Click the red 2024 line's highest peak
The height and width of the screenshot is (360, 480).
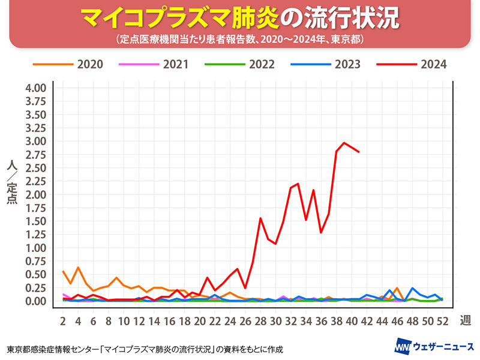click(344, 143)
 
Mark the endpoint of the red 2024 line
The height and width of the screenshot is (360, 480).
click(359, 152)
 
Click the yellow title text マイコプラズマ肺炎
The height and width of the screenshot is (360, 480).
click(180, 19)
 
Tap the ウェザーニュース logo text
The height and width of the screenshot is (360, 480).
click(442, 347)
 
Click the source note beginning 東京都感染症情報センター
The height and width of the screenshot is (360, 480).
click(145, 349)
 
